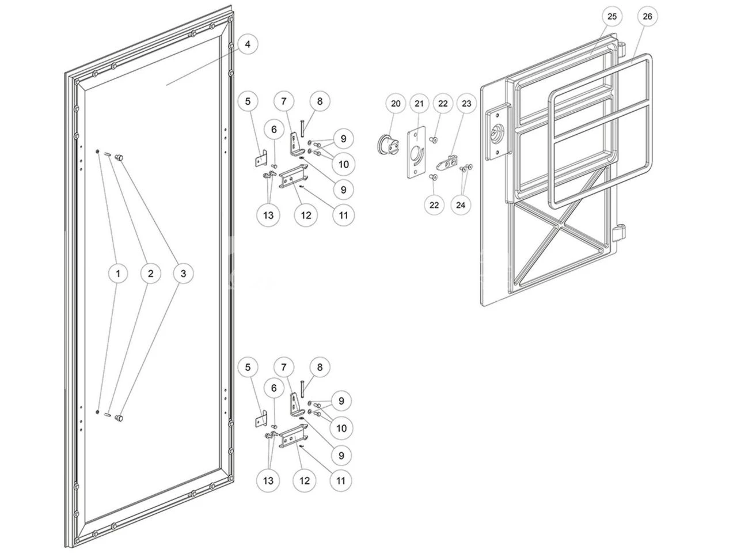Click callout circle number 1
(118, 273)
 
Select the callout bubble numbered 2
(150, 273)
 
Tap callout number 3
(183, 273)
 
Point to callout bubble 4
(248, 44)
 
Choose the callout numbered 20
(396, 104)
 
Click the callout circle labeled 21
(419, 104)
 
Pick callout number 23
(466, 104)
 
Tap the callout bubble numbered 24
(460, 204)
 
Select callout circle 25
(611, 16)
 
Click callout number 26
(647, 16)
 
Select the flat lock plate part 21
(416, 151)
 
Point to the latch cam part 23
(447, 163)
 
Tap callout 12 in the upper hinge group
(306, 215)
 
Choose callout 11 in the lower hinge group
(340, 480)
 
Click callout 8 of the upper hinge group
(320, 101)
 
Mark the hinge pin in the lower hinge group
(302, 388)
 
